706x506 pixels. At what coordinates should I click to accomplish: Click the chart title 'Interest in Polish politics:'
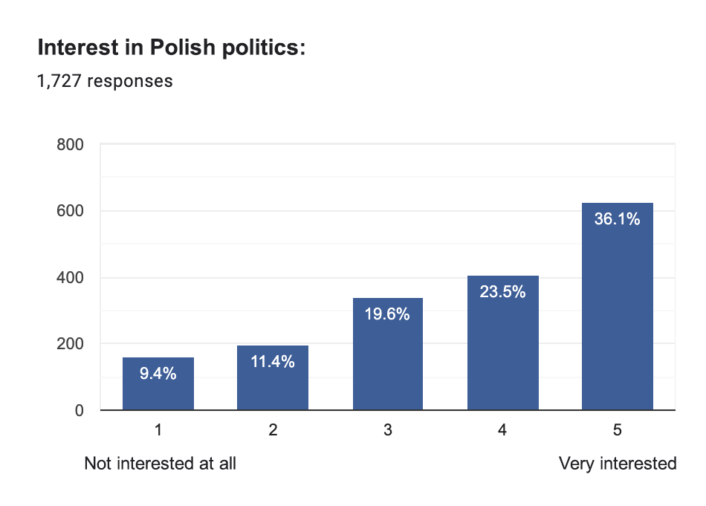point(171,48)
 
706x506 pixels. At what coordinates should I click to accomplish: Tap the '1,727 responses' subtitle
point(105,81)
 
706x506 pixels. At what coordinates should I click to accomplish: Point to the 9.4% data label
point(158,374)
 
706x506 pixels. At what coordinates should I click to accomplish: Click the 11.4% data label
point(273,362)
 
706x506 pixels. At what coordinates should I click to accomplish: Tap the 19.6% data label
point(387,314)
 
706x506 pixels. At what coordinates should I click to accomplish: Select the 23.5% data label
point(502,292)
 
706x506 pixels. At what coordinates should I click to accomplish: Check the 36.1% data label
point(617,219)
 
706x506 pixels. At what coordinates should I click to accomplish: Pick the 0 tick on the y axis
point(77,410)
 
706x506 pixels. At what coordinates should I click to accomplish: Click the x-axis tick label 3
point(388,430)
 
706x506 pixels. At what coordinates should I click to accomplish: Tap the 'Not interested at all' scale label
point(160,464)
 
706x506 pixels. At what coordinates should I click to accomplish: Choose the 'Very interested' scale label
point(618,464)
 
